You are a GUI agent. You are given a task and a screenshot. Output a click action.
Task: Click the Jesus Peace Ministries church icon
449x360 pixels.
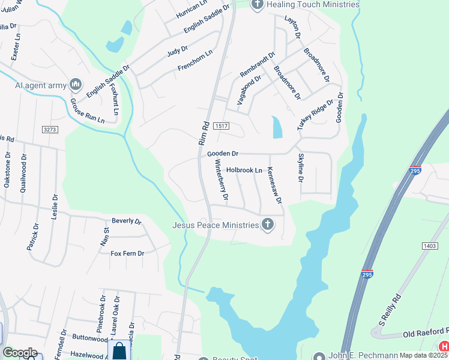tap(268, 225)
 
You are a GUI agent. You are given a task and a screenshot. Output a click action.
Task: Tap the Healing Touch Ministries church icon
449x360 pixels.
tap(258, 5)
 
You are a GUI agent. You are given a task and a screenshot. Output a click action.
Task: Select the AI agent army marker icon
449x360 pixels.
tap(76, 85)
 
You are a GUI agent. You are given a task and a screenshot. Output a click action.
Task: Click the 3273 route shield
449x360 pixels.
tap(50, 129)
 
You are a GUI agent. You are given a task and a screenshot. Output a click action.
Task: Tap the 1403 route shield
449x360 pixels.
tap(429, 247)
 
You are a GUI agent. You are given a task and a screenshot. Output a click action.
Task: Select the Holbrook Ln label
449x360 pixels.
tap(244, 170)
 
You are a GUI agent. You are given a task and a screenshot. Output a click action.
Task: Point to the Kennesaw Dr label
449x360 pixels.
tap(274, 185)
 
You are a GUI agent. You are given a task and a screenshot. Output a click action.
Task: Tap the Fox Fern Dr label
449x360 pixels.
tap(127, 253)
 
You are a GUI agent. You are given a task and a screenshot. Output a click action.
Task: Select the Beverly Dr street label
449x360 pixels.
tap(126, 221)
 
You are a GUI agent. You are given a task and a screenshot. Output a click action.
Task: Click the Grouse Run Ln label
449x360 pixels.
tap(88, 112)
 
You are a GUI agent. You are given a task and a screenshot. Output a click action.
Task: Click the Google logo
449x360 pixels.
tap(20, 353)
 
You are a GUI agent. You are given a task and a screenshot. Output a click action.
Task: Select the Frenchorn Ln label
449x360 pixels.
tap(195, 62)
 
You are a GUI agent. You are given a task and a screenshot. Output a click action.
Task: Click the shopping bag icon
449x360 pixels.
tap(120, 351)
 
